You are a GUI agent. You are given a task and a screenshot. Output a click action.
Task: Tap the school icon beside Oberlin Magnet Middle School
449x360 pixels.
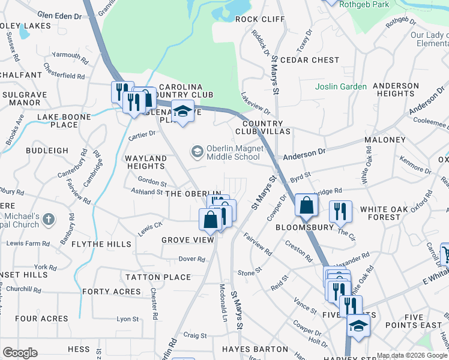[x=197, y=152]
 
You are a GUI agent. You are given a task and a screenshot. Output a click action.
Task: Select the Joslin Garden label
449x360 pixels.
[x=341, y=87]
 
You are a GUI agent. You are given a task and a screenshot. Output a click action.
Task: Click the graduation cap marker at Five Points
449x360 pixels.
[x=358, y=326]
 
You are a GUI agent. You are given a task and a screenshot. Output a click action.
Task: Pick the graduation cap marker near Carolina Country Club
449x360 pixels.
[x=182, y=112]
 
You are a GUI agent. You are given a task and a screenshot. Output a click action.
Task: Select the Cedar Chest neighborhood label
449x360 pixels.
[x=310, y=60]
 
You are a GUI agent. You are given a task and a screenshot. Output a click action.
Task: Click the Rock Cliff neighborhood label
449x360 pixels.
[x=260, y=19]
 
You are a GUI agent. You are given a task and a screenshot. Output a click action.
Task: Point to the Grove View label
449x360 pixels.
[x=188, y=240]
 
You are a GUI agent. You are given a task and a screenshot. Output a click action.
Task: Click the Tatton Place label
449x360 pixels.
[x=158, y=278]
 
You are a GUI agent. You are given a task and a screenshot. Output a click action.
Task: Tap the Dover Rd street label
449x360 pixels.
[x=192, y=260]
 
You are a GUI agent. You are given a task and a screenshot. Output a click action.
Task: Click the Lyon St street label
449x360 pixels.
[x=127, y=319]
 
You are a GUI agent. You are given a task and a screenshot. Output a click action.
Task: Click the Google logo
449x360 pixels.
[x=20, y=353]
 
